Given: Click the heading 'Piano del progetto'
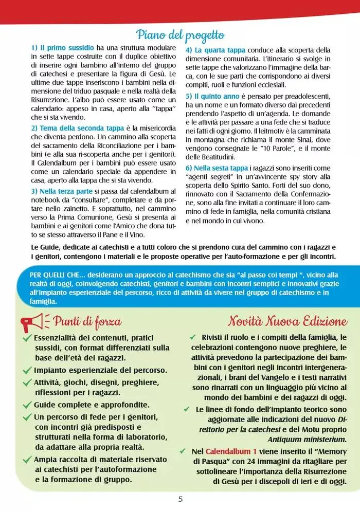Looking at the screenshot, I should pos(180,35).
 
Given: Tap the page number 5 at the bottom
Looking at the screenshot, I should pos(180,499).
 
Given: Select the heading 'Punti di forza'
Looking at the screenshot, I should pos(87,322).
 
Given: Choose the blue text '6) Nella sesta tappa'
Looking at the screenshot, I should pos(217,168).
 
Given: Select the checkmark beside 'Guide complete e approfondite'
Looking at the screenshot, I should pos(27,405).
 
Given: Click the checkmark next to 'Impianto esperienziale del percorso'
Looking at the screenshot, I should pos(27,370).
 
